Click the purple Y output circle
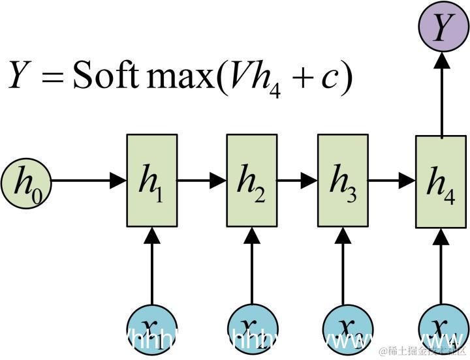[442, 28]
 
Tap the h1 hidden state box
[151, 181]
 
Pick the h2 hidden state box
[251, 181]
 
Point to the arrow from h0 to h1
[88, 181]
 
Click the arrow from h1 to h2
[202, 181]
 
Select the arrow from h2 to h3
[297, 181]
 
